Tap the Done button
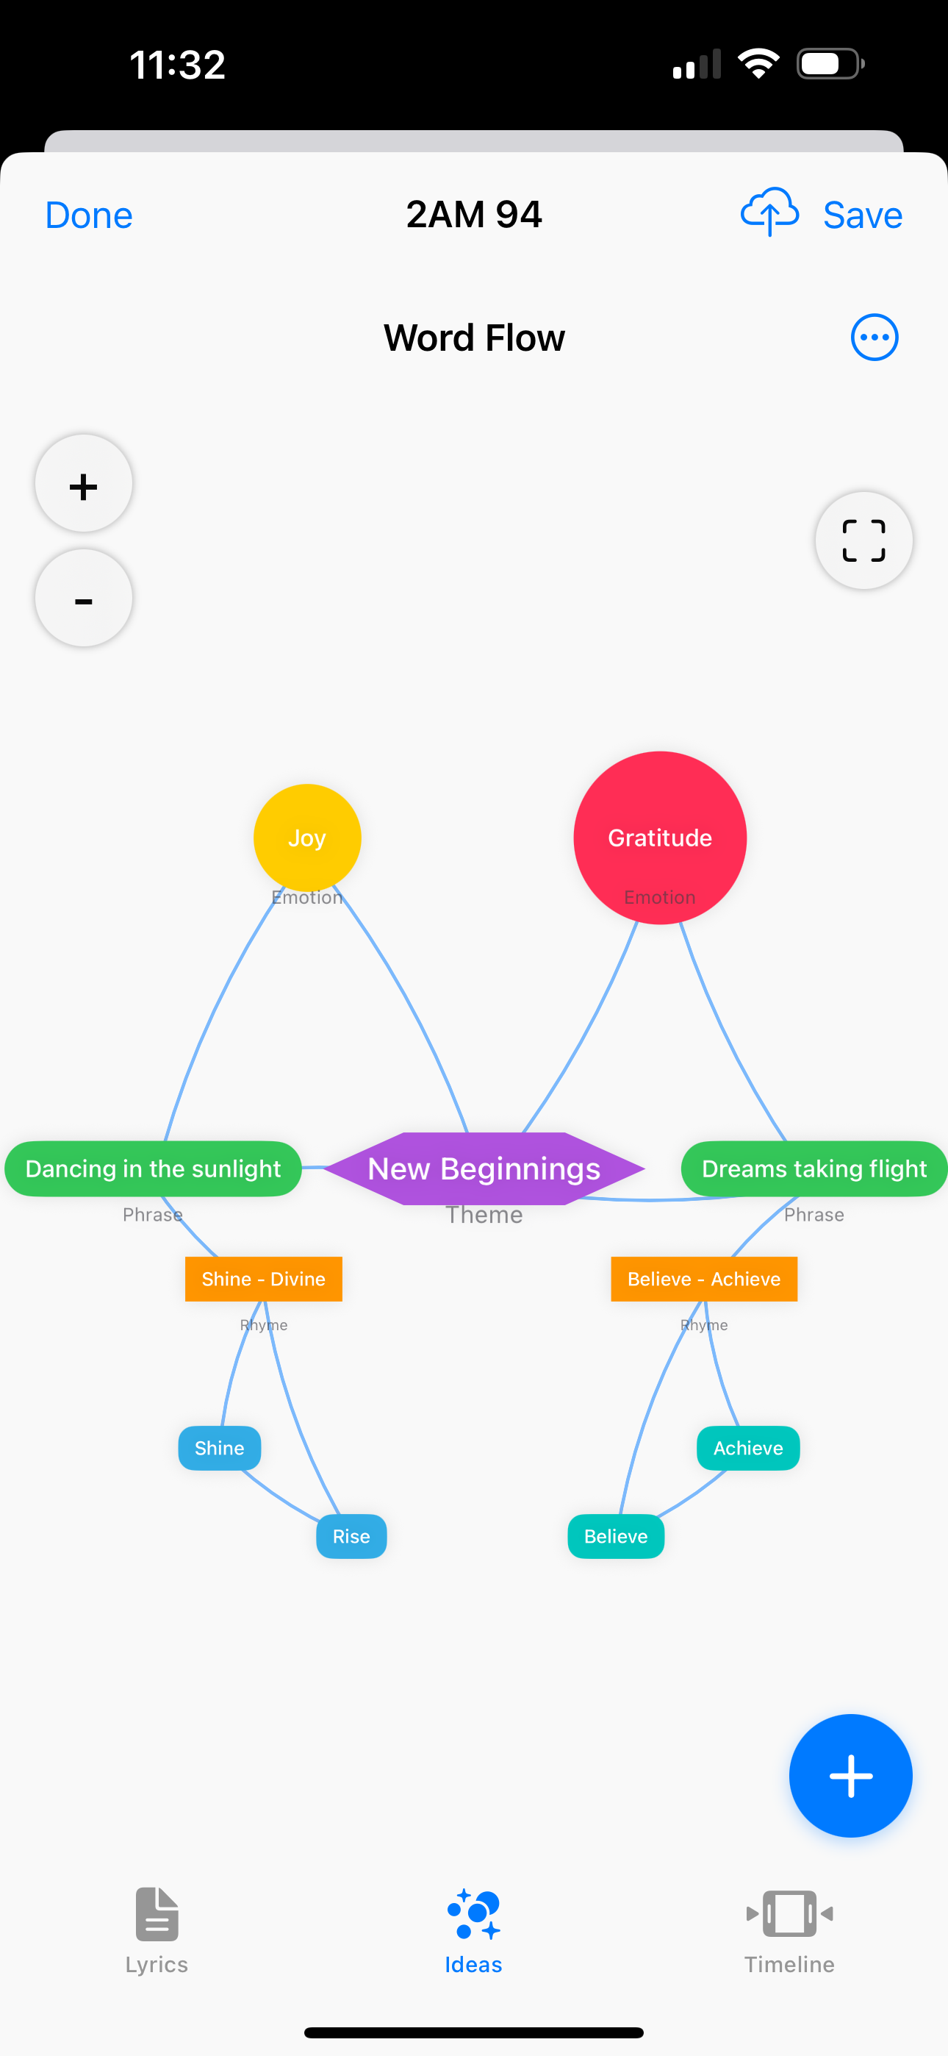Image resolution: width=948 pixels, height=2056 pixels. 89,215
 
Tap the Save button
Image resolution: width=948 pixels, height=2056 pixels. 863,215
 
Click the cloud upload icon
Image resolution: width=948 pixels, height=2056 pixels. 769,213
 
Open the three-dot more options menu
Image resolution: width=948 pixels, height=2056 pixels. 875,338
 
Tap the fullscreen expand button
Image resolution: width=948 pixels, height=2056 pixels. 863,540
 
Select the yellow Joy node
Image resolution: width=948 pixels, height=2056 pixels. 307,838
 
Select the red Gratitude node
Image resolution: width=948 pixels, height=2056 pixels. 660,838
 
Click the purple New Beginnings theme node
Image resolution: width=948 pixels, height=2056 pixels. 484,1168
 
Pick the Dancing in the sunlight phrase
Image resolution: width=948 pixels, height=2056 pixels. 153,1168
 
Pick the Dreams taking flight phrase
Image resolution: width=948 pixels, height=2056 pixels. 814,1168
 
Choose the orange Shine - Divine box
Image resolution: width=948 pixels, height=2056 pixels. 263,1279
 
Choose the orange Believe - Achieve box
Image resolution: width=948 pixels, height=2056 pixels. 704,1279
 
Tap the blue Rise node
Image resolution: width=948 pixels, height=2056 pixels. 351,1536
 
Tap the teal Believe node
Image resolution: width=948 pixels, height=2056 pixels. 616,1536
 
